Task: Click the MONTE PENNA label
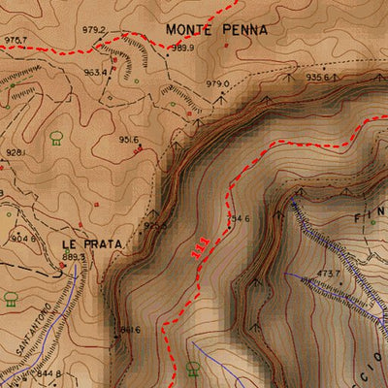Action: coord(215,29)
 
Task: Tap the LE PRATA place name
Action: coord(91,243)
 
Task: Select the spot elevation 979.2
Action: coord(94,30)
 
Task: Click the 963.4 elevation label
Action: coord(95,72)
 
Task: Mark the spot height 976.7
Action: coord(15,40)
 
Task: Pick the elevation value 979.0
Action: coord(217,84)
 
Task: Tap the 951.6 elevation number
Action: coord(130,140)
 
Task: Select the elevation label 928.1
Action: coord(16,152)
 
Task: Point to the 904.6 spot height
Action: coord(23,238)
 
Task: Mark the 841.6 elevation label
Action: coord(130,330)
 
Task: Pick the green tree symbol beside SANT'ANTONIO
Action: coord(11,298)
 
